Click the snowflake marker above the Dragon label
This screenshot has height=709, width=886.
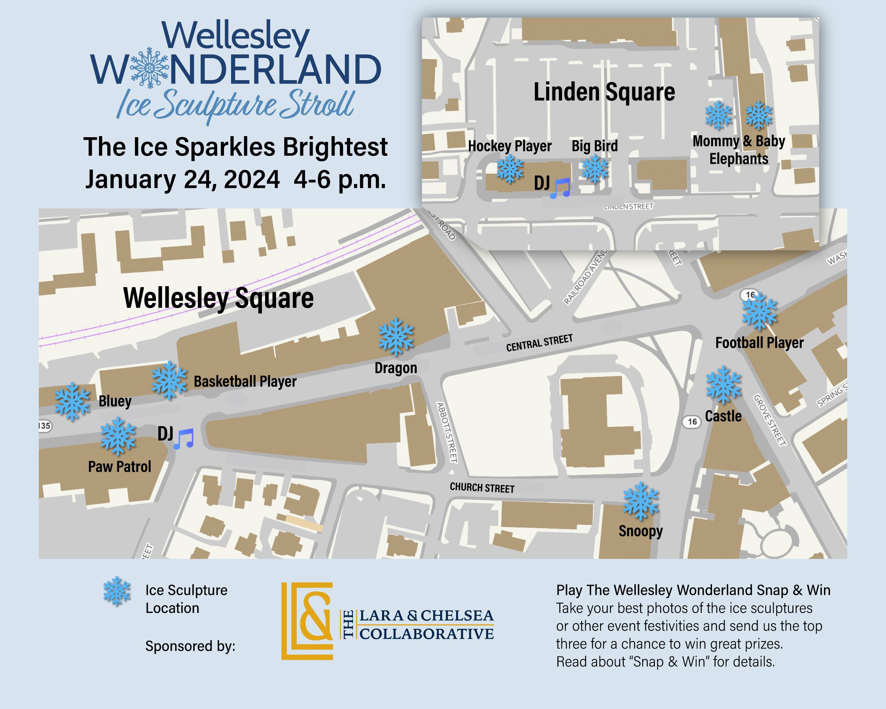[x=396, y=337]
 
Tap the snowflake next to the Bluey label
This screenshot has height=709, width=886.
[x=72, y=402]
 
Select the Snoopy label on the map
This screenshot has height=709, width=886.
[x=640, y=531]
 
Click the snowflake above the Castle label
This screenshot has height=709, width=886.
[x=724, y=385]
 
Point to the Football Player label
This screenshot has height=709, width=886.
[x=759, y=343]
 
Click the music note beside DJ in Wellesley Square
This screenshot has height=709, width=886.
[x=184, y=439]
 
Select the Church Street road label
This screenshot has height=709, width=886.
[x=482, y=487]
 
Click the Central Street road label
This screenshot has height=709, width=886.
[x=539, y=343]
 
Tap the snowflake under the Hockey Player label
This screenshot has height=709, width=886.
[x=510, y=170]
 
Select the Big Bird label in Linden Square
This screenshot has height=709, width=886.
[x=594, y=146]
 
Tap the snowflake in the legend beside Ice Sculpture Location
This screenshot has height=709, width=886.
[x=117, y=591]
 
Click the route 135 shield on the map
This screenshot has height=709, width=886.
[x=44, y=426]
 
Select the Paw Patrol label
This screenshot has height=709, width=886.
[x=119, y=467]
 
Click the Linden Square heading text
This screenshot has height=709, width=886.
[x=604, y=92]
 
